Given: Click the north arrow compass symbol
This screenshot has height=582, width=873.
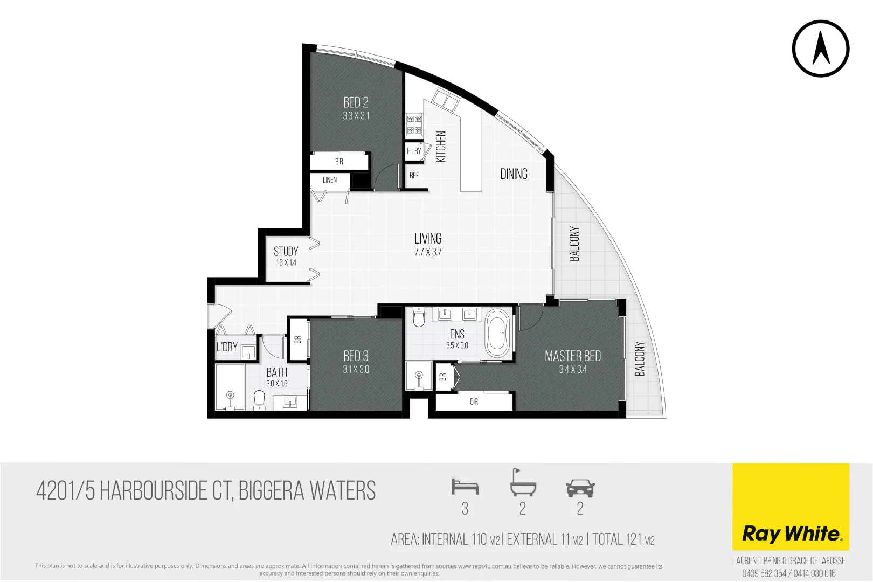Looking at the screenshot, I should [x=820, y=48].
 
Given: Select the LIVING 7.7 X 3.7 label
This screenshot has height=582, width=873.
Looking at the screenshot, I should [x=428, y=244].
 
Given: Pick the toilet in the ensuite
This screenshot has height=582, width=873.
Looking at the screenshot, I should [x=419, y=317].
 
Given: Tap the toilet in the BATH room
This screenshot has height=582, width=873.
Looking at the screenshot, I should [x=259, y=400].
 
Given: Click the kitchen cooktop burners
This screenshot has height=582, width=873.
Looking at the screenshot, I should [x=414, y=124].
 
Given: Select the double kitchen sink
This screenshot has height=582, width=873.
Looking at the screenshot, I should [x=447, y=101].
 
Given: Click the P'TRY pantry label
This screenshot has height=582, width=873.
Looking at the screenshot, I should [x=414, y=151].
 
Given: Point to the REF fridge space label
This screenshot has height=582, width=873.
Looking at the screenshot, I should [x=414, y=175].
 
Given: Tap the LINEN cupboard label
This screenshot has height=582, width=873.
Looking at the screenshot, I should [x=330, y=180].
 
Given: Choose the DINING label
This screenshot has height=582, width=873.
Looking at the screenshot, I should [x=514, y=174].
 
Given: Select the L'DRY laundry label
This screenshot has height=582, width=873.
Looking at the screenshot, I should [x=227, y=347].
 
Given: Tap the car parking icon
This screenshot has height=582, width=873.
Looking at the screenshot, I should [x=580, y=488].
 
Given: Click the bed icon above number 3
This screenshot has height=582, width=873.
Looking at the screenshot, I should [x=465, y=487].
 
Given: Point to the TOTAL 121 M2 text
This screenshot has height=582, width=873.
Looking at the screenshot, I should [x=623, y=539].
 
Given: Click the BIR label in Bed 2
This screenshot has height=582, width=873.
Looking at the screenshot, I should [x=339, y=162].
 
